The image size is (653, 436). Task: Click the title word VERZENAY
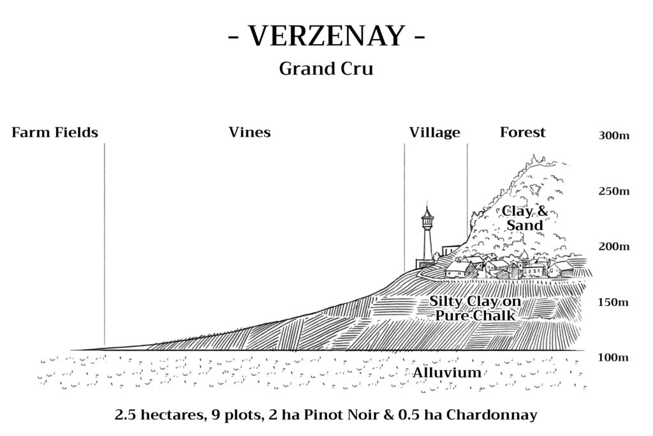coord(326,36)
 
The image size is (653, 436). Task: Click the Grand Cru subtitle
coord(326,69)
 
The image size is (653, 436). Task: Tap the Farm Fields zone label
coord(55,133)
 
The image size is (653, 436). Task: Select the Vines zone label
coord(249,133)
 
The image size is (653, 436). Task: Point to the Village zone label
coord(435,133)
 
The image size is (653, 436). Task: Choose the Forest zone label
coord(523,133)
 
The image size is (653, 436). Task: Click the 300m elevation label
coord(614,135)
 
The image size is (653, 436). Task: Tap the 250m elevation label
coord(614,192)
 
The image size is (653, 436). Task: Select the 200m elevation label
coord(614,247)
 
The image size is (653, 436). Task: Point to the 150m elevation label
coord(613,302)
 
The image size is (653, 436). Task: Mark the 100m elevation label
coord(613,357)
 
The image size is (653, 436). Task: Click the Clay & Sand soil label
coord(525,218)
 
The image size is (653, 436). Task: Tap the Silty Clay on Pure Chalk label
coord(475,308)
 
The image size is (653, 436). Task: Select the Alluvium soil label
coord(447,372)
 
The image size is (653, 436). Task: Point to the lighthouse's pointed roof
coord(427,211)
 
